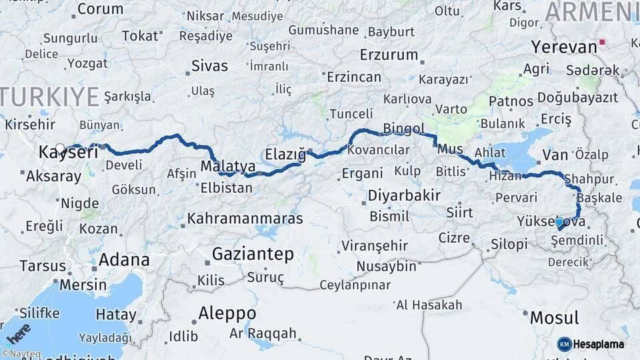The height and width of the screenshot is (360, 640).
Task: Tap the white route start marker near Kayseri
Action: click(x=60, y=149)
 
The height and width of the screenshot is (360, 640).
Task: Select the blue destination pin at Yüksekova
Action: click(x=559, y=224)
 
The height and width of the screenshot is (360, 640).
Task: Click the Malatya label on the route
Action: click(x=228, y=166)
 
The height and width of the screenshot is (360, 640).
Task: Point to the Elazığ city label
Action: click(x=285, y=155)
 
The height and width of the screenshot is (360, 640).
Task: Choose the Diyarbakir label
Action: click(x=404, y=196)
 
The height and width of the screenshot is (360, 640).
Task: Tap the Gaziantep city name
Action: click(x=253, y=254)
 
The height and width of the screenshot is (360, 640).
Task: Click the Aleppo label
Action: click(x=227, y=313)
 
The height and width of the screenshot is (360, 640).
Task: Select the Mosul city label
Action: click(x=554, y=317)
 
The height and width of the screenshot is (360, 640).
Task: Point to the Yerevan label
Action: click(x=564, y=47)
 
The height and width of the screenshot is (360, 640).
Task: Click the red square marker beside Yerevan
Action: click(x=603, y=43)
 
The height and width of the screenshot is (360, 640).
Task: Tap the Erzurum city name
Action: click(x=389, y=55)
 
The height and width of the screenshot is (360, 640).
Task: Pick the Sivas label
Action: click(x=209, y=66)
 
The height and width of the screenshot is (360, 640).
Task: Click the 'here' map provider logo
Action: click(x=19, y=331)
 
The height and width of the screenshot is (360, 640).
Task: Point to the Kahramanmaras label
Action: click(x=245, y=219)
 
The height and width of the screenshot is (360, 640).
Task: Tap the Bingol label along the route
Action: click(x=404, y=128)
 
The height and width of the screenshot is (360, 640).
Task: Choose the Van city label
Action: click(x=555, y=155)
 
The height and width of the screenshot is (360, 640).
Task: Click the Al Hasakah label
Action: click(x=429, y=305)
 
